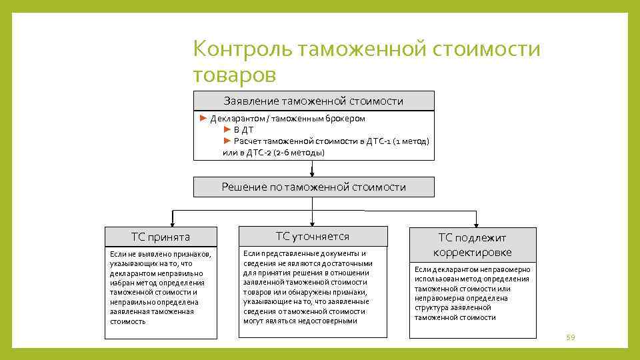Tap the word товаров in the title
234,74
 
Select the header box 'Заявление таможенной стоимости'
313,101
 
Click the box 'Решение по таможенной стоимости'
313,187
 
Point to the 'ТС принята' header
161,237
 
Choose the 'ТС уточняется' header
313,237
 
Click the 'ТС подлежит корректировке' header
473,245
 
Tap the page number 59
570,339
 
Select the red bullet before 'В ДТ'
227,129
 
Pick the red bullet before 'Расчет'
227,141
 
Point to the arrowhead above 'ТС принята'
173,223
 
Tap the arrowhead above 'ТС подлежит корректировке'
476,223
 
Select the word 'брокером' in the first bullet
345,119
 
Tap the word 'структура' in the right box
431,308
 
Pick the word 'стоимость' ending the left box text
127,321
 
